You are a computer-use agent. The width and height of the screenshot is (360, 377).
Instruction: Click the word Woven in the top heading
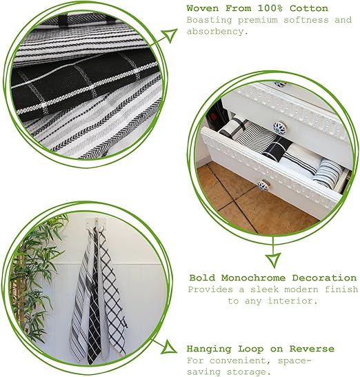coord(203,8)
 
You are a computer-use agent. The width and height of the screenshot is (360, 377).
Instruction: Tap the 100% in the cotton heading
coord(270,8)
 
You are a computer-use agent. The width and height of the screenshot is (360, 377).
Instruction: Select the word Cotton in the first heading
coord(309,8)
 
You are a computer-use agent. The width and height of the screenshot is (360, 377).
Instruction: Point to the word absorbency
coord(217,32)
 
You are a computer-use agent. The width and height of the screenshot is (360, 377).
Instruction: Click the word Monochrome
coord(253,278)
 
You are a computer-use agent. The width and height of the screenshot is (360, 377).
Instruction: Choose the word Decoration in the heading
coord(324,278)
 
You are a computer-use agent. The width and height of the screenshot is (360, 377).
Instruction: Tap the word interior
coord(293,300)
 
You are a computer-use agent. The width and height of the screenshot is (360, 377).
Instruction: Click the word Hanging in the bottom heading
coord(209,349)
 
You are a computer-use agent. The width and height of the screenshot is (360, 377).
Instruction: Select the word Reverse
coord(312,349)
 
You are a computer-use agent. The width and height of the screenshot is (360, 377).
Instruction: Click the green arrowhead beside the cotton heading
coord(170,35)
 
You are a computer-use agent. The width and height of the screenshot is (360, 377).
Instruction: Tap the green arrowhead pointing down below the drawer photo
coord(273,260)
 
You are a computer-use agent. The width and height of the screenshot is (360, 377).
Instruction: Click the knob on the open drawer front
coord(263,185)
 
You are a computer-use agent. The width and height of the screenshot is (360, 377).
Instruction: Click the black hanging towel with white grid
coord(94,313)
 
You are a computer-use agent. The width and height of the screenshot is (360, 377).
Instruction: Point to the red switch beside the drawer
coord(214,117)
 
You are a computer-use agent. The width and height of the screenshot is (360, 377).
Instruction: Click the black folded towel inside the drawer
coord(277,149)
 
